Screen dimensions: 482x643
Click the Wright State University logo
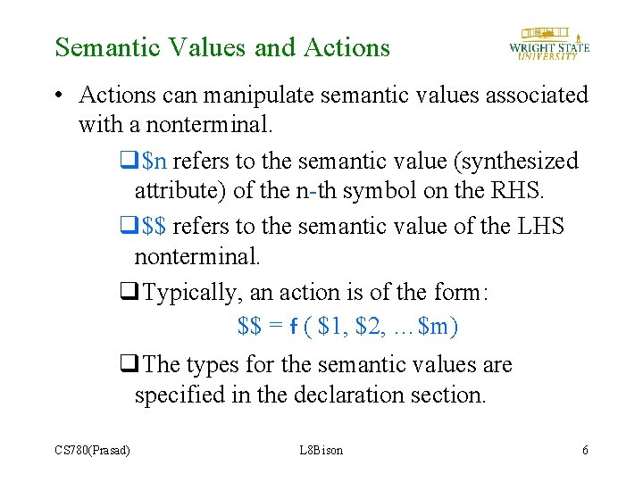click(x=548, y=42)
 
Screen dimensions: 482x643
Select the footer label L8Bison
click(x=321, y=450)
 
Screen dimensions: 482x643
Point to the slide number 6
click(x=585, y=450)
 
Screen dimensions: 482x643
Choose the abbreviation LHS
click(x=540, y=227)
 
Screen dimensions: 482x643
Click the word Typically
click(x=190, y=293)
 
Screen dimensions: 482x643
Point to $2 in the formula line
click(x=369, y=328)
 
